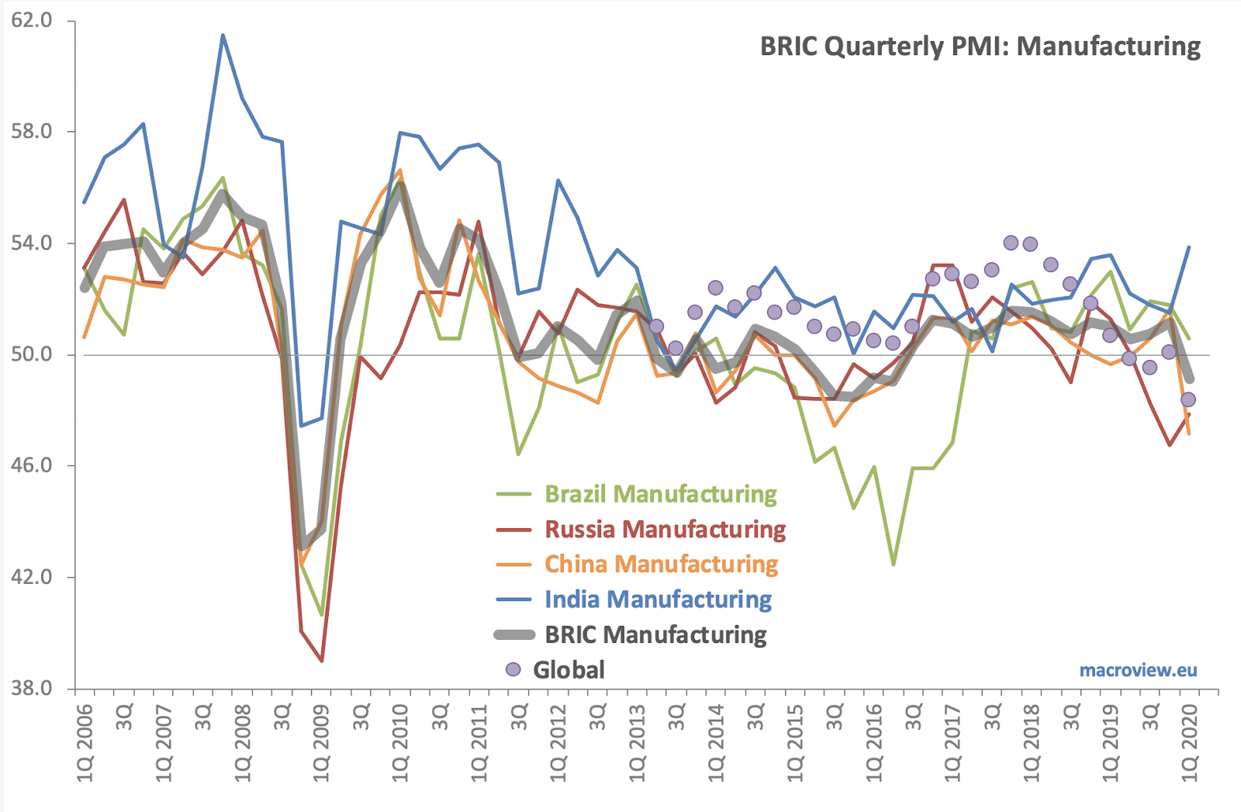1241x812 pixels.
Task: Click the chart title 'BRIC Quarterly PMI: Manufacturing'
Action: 980,47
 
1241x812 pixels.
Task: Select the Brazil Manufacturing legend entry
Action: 637,494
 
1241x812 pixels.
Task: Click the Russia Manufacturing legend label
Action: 665,529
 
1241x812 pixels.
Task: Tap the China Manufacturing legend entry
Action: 637,564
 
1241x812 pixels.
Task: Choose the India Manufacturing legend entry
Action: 634,599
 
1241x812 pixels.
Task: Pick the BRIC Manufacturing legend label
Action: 656,634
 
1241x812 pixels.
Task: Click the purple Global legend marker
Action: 513,669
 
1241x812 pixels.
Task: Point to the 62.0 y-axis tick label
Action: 32,20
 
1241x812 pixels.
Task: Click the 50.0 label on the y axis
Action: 32,354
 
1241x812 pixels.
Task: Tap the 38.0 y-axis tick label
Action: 32,688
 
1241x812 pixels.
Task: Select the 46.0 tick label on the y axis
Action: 32,465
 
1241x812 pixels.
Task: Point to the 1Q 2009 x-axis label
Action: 321,743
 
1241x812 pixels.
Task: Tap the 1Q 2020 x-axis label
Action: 1190,743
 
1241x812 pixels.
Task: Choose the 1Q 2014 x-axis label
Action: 716,743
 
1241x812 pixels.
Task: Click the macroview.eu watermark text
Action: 1139,670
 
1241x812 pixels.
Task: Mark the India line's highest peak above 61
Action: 223,35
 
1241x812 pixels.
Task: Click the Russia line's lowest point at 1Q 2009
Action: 321,661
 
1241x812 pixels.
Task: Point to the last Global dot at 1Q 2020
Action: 1187,399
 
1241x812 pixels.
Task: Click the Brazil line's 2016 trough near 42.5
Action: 893,565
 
